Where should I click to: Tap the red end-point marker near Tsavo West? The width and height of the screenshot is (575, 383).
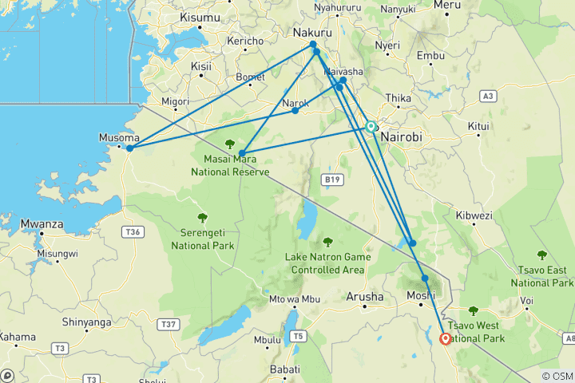[445, 338]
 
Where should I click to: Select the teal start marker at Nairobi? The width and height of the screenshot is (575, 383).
[371, 126]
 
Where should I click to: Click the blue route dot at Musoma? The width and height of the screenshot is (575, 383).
[129, 148]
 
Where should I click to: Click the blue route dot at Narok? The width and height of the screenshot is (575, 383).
[295, 110]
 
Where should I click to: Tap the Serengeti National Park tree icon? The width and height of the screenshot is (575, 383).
[202, 217]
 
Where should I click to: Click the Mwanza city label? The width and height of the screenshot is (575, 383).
[42, 224]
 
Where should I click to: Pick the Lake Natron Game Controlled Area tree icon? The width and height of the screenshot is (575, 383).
[327, 242]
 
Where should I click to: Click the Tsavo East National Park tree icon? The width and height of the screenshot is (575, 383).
[542, 255]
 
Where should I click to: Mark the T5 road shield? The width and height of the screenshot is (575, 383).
[298, 335]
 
